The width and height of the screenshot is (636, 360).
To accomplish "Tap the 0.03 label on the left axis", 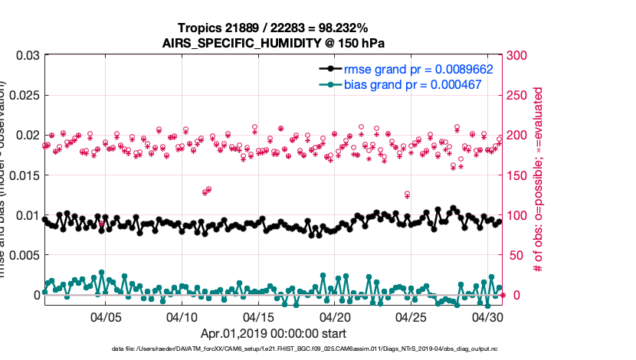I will coord(25,56).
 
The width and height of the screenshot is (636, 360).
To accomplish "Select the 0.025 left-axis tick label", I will coord(22,95).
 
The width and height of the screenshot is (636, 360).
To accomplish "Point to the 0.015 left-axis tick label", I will coord(22,175).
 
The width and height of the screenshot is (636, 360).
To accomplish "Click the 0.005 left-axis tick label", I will coord(22,255).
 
